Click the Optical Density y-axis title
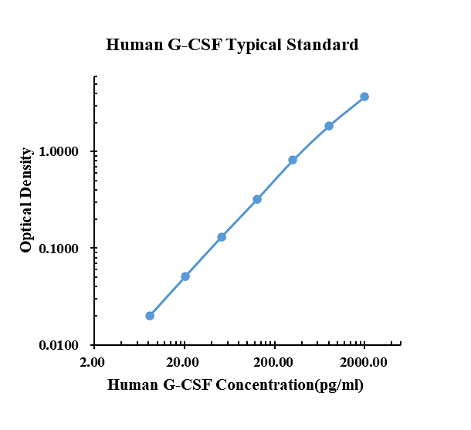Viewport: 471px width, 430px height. coord(26,200)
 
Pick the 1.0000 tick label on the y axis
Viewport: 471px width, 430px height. coord(64,152)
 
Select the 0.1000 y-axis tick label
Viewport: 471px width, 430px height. coord(64,249)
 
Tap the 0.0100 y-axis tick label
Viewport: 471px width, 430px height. coord(64,345)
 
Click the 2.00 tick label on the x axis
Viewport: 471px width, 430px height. coord(93,361)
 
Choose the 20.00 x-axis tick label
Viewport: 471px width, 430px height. coord(183,361)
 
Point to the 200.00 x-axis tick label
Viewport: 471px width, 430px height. coord(273,361)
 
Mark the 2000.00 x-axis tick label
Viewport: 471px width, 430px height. coord(364,361)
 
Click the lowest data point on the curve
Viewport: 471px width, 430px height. coord(150,316)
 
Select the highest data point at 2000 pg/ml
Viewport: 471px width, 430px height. coord(364,96)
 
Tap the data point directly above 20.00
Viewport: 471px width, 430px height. coord(185,276)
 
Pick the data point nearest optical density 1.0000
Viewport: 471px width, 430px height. coord(293,160)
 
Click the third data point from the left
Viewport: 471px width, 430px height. coord(222,237)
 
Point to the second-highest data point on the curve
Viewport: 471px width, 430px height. coord(329,126)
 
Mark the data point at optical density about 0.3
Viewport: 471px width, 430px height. coord(257,199)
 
